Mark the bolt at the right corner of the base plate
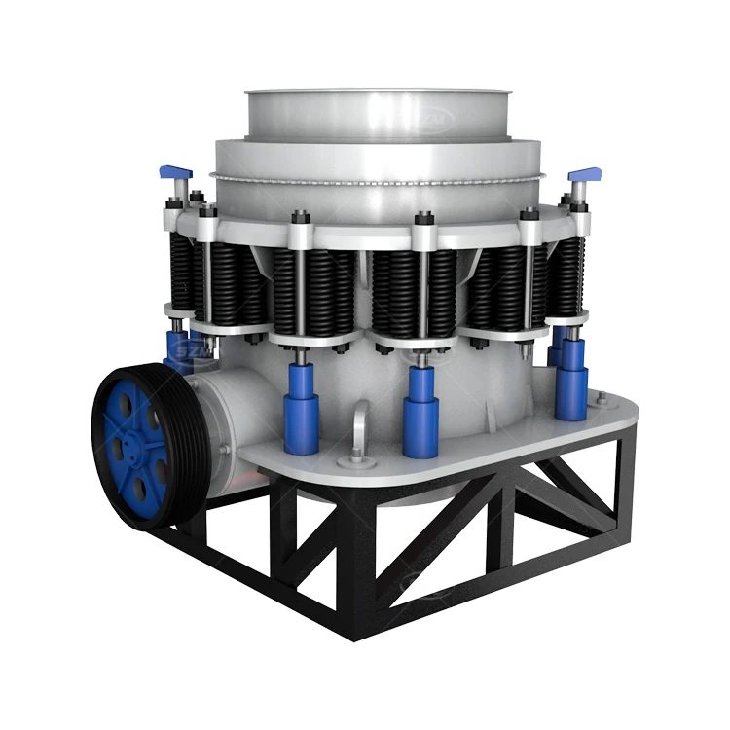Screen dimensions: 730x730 (x=601, y=399)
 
